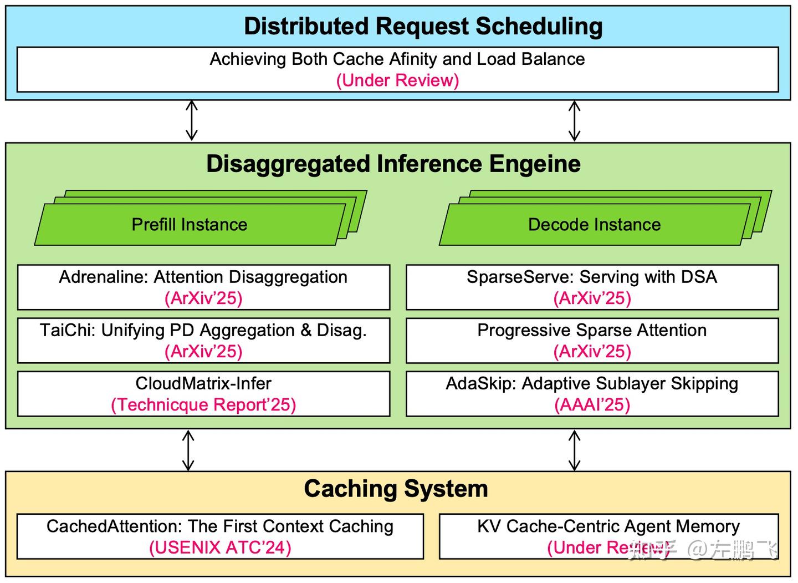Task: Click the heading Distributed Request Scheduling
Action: (423, 27)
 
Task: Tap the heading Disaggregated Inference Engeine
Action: (393, 164)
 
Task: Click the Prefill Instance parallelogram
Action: (190, 225)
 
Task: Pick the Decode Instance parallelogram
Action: (594, 225)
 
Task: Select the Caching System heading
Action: (396, 489)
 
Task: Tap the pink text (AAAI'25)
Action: (592, 405)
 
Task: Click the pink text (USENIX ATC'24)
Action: (220, 547)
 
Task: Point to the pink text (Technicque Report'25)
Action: (203, 405)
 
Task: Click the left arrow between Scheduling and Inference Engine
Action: (191, 120)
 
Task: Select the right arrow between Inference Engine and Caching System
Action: (575, 450)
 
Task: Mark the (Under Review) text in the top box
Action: (397, 80)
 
